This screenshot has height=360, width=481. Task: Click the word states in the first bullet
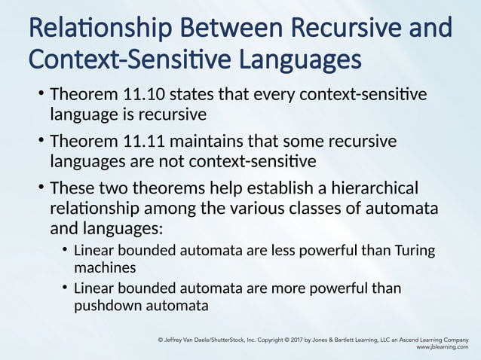point(191,96)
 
